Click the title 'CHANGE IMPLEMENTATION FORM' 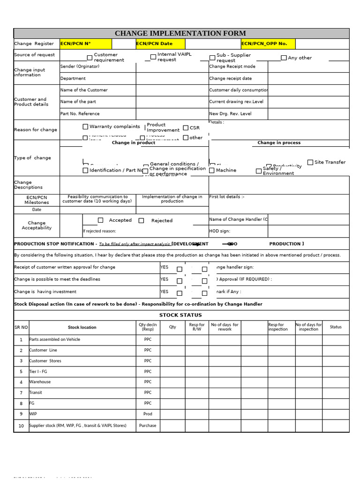(180, 33)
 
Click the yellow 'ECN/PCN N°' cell (85, 44)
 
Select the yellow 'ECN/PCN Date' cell (160, 44)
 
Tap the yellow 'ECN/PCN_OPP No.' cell (268, 44)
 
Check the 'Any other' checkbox (284, 58)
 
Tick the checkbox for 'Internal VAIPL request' (153, 57)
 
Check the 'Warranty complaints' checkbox (85, 127)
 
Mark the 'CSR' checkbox (186, 127)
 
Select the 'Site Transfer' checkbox (310, 162)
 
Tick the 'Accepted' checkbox (100, 220)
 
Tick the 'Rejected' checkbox (141, 221)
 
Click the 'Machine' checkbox (212, 171)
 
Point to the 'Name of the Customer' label (84, 90)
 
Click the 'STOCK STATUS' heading (180, 315)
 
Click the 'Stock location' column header (82, 327)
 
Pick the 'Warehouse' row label (40, 382)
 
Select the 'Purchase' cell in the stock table (148, 426)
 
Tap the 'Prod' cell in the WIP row (148, 414)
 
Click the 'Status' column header (336, 327)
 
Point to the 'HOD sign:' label (219, 231)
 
